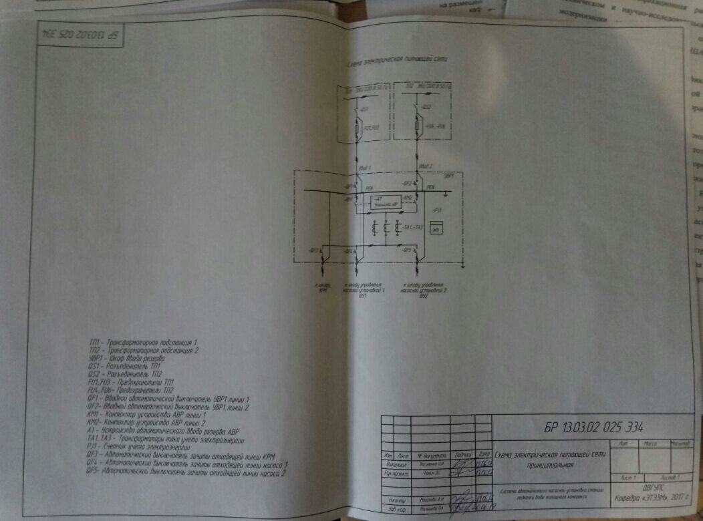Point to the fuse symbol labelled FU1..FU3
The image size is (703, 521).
point(358,126)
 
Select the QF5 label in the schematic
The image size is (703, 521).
point(406,250)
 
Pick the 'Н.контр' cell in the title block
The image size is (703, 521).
point(396,500)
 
